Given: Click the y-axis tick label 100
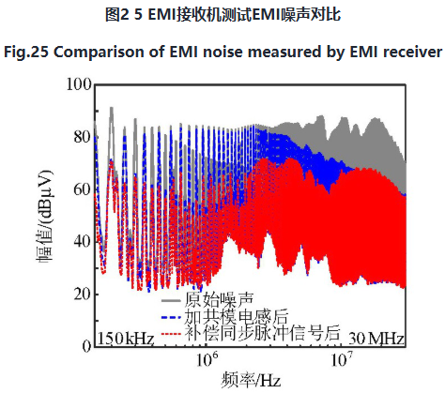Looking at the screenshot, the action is pos(79,84).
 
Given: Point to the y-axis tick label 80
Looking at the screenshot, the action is pos(83,137).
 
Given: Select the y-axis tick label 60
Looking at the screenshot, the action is pos(83,189).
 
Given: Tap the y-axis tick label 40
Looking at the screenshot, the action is pos(83,241).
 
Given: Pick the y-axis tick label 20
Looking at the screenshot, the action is pos(83,294).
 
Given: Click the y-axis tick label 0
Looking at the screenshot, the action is pos(86,346).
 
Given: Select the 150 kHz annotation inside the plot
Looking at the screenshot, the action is pos(126,339).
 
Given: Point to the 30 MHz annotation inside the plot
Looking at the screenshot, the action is pos(376,339).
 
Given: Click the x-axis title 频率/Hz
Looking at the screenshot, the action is pos(251,381).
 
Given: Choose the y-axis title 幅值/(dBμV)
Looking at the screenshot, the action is pos(44,218).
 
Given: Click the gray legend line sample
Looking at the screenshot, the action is pos(171,301).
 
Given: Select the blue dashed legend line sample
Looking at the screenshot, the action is pos(171,317).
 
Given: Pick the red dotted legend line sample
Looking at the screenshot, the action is pos(171,334).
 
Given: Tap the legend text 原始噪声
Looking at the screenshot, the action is pos(219,299).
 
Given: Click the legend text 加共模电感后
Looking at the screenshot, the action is pos(236,316).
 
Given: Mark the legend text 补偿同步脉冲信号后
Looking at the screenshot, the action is pos(262,333).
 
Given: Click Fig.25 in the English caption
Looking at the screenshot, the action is pos(26,53).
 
